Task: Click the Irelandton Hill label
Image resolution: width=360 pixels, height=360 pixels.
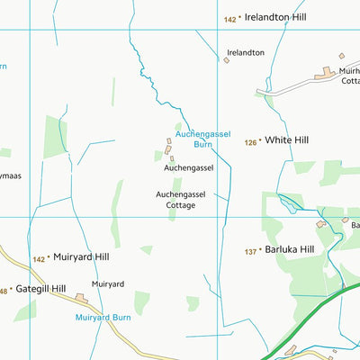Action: coord(280,19)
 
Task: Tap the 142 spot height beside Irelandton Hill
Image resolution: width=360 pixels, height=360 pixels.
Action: coord(229,19)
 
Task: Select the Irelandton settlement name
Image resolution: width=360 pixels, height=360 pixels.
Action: coord(245,52)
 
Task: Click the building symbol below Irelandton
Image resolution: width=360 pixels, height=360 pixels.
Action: coord(226,61)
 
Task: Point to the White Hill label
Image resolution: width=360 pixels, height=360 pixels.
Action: coord(287,141)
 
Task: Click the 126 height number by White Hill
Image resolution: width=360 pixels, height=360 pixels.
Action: coord(249,141)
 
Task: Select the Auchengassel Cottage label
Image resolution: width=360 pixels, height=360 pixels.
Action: coord(187,199)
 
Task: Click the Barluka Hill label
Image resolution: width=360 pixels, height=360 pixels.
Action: coord(291,250)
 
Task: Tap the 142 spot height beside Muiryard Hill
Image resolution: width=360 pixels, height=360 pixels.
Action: coord(38,258)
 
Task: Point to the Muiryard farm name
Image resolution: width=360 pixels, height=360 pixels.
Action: coord(107,283)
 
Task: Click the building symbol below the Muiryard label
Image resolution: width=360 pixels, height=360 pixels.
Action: coord(81,297)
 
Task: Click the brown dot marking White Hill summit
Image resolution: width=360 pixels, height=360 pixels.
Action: coord(262,141)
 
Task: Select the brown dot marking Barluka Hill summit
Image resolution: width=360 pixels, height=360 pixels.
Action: coord(264,250)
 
